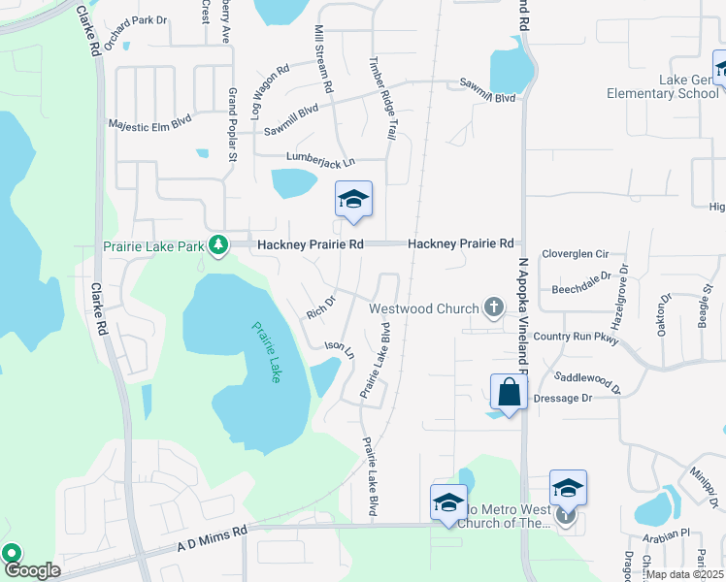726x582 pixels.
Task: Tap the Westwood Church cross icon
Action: pyautogui.click(x=493, y=309)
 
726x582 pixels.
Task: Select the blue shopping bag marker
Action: pyautogui.click(x=509, y=393)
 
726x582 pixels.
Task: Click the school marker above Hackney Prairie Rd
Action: pyautogui.click(x=353, y=200)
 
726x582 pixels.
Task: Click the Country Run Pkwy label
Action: pyautogui.click(x=576, y=337)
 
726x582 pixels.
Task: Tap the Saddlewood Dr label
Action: pyautogui.click(x=586, y=378)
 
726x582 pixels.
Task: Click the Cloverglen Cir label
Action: pyautogui.click(x=575, y=253)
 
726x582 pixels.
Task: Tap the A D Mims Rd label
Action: pyautogui.click(x=213, y=538)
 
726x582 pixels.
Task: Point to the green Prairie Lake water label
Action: pyautogui.click(x=265, y=351)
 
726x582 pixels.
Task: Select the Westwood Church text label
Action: pyautogui.click(x=424, y=309)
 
